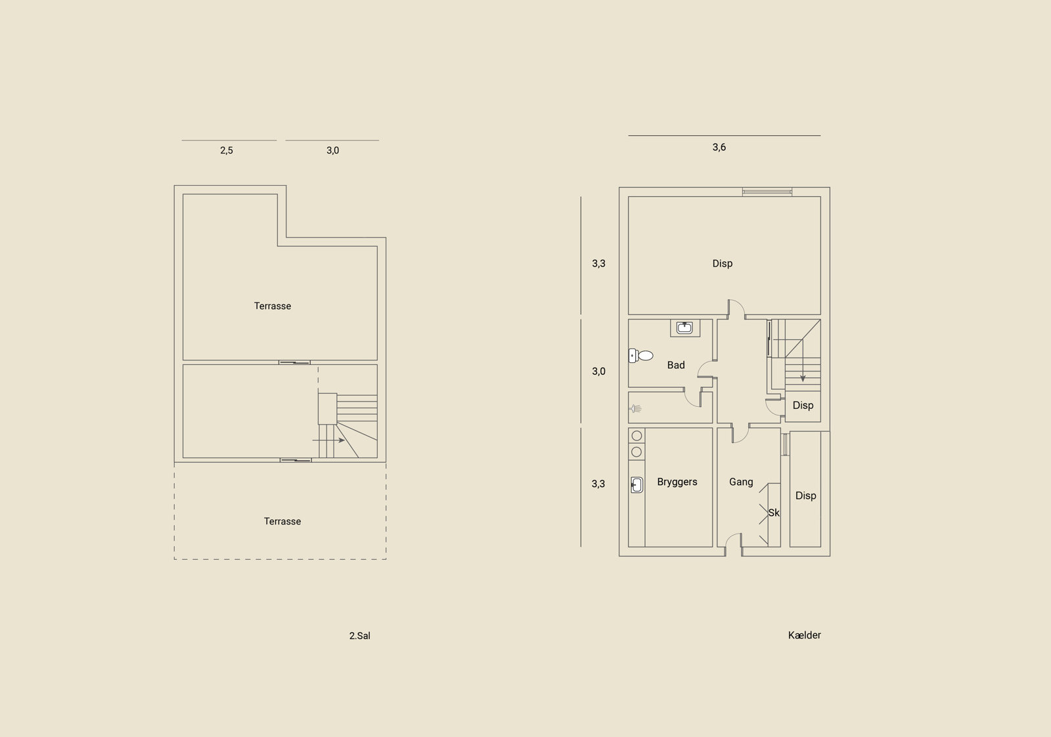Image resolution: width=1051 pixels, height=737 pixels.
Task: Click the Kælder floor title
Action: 804,635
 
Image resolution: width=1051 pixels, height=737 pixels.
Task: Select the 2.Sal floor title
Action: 359,636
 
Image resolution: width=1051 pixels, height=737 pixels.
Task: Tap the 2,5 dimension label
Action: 226,150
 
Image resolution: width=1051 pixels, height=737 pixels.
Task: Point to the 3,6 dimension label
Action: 719,147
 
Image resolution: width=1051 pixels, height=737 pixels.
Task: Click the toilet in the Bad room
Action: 641,356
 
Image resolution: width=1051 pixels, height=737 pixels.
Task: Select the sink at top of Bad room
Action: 685,327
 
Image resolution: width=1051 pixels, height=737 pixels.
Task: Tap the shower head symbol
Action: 635,409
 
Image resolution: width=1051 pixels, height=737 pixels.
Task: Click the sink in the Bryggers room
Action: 637,485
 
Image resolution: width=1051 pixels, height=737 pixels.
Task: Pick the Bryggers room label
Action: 677,482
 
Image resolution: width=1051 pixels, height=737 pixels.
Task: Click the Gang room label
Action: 741,482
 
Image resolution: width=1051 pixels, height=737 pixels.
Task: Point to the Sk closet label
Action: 774,513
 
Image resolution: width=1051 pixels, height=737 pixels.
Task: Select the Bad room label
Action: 676,365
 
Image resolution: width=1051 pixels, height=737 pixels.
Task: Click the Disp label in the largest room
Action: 722,263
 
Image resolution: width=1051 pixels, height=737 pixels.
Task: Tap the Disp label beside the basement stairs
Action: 803,405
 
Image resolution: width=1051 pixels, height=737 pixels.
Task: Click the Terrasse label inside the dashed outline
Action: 282,521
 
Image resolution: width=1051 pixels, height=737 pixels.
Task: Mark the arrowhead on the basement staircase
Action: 803,379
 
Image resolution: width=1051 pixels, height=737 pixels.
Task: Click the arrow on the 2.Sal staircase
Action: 328,440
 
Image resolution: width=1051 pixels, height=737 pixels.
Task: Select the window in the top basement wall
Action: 767,192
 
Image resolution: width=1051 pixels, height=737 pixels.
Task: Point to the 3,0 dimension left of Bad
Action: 598,371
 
